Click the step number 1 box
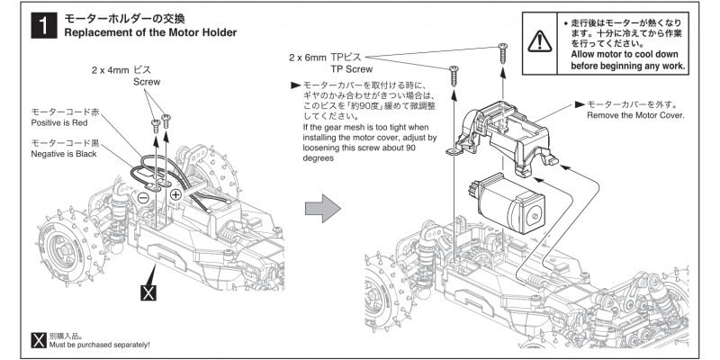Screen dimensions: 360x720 (x=40, y=25)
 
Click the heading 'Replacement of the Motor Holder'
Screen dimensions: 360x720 (x=149, y=33)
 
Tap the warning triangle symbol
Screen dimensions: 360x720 (x=538, y=40)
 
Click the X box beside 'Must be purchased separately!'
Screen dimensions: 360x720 (x=39, y=339)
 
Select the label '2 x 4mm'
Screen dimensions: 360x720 (x=109, y=69)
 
